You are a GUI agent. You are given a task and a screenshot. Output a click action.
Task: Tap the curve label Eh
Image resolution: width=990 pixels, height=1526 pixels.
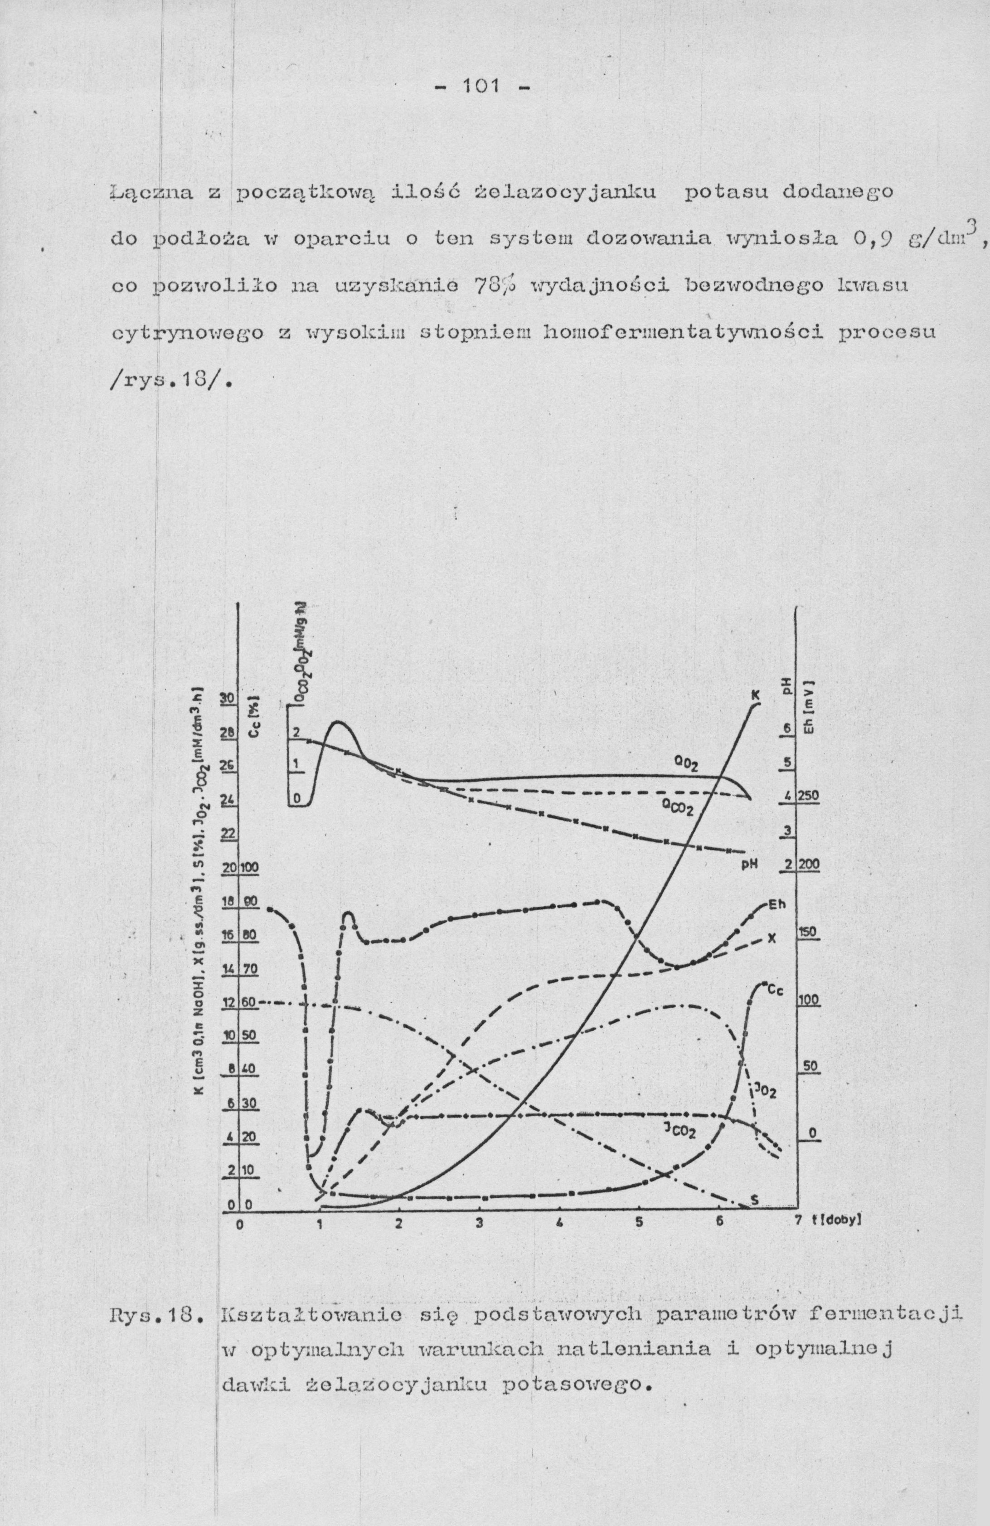coord(776,905)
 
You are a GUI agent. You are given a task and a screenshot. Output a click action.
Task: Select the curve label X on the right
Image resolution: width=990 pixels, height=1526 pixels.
coord(772,938)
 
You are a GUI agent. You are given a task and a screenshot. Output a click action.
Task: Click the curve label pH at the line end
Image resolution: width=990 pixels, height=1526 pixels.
coord(750,864)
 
